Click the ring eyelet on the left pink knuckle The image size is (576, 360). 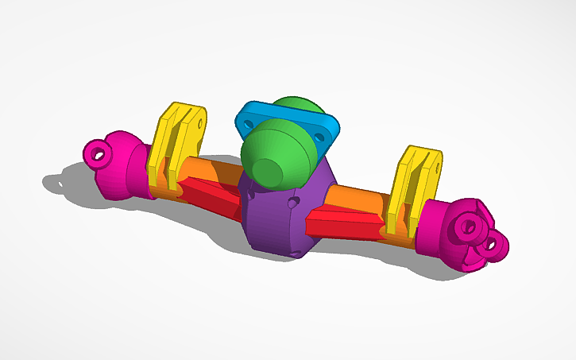click(x=99, y=152)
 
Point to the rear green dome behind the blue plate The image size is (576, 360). click(x=294, y=107)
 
